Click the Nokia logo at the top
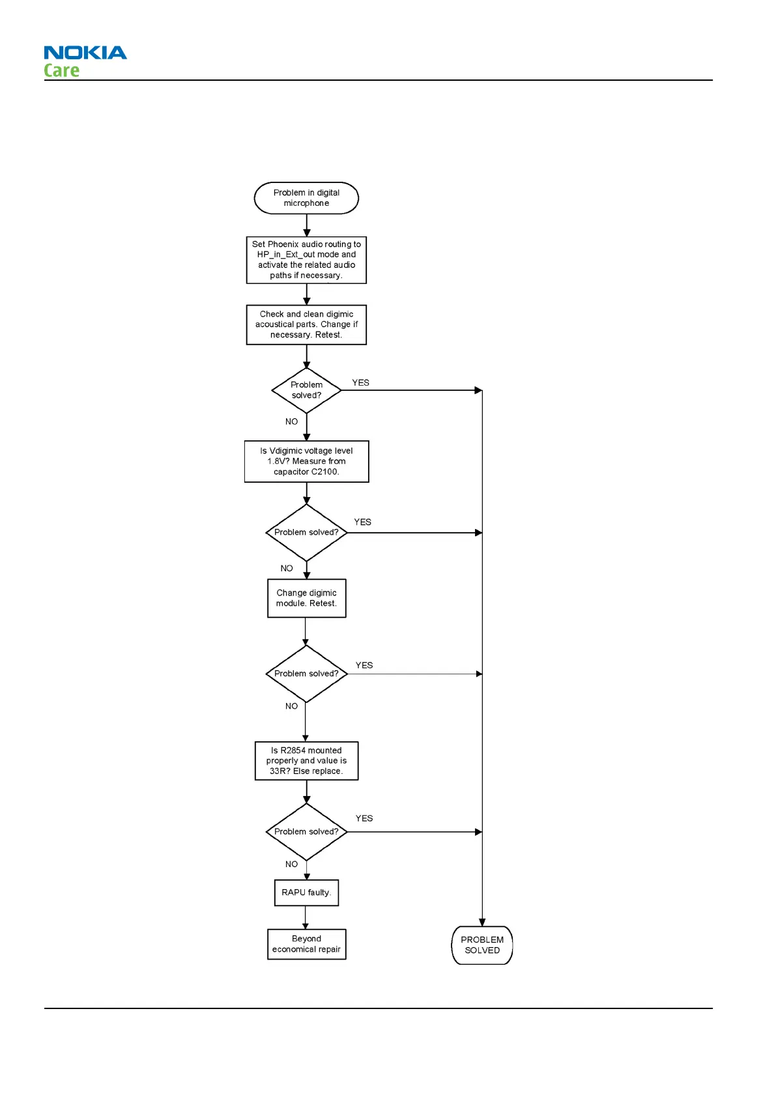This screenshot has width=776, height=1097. (x=85, y=53)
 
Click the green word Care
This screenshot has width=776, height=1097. (x=61, y=70)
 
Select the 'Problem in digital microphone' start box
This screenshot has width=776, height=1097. (x=306, y=198)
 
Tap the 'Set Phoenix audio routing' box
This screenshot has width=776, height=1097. (x=306, y=260)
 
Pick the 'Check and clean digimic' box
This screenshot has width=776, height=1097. (x=306, y=324)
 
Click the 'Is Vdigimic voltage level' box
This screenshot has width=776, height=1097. (x=306, y=461)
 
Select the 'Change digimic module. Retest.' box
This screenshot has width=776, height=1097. (x=306, y=598)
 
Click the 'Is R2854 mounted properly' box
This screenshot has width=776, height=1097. (x=306, y=761)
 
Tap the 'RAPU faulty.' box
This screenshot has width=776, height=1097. (x=306, y=892)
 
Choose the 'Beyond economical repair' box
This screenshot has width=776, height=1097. (x=306, y=944)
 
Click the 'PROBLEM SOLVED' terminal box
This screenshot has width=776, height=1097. (x=482, y=945)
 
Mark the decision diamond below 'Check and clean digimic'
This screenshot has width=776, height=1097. (x=306, y=390)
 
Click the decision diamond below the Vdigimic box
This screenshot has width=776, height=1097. (x=306, y=532)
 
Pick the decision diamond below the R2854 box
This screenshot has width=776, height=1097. (x=306, y=832)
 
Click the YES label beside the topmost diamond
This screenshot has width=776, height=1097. (x=360, y=382)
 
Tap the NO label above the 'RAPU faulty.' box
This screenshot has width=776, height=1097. (x=291, y=864)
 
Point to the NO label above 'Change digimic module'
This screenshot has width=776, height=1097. (x=287, y=568)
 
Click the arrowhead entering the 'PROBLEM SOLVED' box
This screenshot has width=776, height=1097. (x=482, y=922)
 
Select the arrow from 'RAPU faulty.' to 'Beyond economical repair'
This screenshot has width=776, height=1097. (x=306, y=917)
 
